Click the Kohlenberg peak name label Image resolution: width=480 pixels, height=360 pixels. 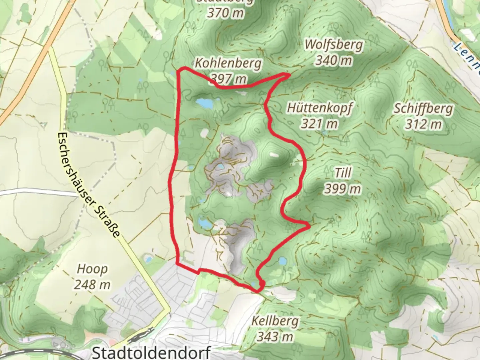click(228, 63)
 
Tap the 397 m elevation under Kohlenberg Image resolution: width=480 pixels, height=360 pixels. click(229, 79)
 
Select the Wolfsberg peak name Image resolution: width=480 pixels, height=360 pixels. click(334, 44)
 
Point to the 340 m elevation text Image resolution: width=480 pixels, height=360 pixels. click(334, 60)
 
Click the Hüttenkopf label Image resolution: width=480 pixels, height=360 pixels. click(320, 108)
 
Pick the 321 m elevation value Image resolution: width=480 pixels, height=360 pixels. click(320, 124)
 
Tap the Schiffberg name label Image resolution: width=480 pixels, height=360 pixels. click(424, 108)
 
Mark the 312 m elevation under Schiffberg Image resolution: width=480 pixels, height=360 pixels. click(424, 124)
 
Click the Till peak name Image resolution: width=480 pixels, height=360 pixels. click(343, 173)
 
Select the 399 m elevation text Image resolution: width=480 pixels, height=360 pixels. click(343, 189)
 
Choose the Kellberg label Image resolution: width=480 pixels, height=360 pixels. click(275, 321)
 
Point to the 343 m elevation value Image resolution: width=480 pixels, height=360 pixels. click(275, 337)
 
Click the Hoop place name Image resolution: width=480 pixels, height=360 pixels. click(92, 269)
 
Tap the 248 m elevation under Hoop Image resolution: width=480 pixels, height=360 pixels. click(92, 285)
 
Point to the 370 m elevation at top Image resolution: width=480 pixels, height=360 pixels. click(225, 13)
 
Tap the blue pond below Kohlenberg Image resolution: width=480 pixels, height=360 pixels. click(204, 104)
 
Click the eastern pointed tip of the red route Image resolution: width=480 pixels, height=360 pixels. click(309, 226)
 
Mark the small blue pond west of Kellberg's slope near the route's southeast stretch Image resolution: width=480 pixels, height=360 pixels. click(282, 261)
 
